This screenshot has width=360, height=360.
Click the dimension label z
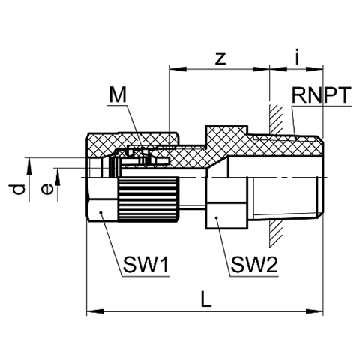(220, 59)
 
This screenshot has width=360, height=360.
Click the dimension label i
(297, 56)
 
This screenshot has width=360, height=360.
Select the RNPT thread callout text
(322, 95)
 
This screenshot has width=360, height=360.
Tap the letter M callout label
(118, 95)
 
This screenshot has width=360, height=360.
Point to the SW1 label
(146, 265)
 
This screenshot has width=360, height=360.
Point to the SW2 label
(254, 265)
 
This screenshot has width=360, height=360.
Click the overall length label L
(206, 298)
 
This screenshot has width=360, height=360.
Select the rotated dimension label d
(19, 189)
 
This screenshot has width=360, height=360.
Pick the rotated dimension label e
(47, 190)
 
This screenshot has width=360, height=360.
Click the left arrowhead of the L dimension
(94, 311)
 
